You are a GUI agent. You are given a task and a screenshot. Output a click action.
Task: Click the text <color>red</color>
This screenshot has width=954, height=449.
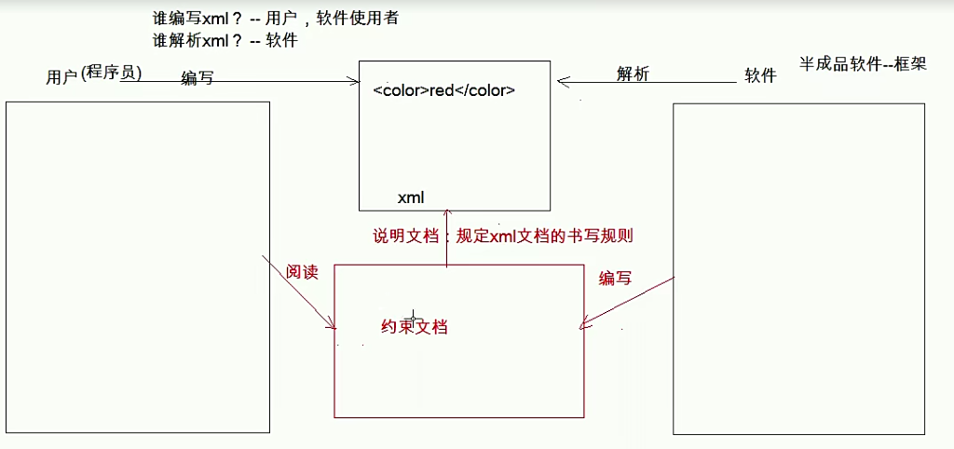pos(443,91)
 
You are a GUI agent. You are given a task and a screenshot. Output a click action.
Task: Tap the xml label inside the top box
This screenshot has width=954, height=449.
pos(411,197)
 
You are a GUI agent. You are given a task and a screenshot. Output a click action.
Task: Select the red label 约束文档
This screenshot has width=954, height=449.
pos(415,327)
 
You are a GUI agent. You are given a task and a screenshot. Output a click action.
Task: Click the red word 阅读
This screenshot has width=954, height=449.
pos(302,273)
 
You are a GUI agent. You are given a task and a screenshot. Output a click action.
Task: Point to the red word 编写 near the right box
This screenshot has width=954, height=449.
pos(615,279)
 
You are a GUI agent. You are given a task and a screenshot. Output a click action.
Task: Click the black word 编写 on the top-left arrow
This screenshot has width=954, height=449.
pos(197,79)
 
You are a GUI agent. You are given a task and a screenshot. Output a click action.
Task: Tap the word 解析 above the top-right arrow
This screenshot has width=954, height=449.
pos(633,75)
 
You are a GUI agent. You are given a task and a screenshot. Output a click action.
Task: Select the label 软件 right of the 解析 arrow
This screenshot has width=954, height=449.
pos(760,76)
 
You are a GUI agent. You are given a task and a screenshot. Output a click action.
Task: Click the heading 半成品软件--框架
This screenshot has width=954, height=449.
pos(862,64)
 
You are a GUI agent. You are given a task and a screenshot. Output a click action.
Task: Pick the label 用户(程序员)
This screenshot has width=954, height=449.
pos(93,75)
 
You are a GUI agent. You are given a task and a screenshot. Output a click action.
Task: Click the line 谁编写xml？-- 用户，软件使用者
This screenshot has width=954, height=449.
pos(279,19)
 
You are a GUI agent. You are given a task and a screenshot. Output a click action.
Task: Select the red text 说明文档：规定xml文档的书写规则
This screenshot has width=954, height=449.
pos(503,236)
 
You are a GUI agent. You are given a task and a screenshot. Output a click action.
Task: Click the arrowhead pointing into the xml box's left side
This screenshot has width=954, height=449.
pos(355,82)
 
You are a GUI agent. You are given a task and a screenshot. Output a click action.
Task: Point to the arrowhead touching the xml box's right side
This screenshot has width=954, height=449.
pos(563,81)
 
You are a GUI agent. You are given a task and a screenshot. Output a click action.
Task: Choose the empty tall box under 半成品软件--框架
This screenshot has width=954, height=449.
pos(798,268)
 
